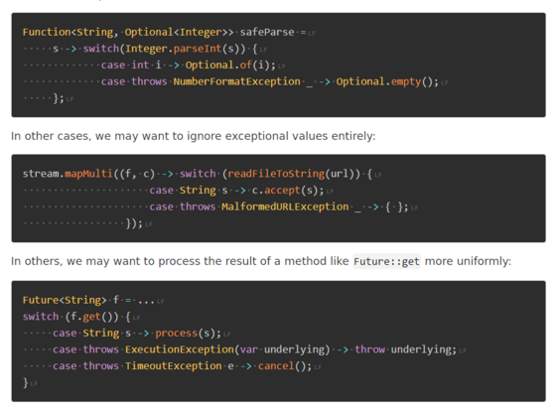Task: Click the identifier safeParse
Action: (267, 32)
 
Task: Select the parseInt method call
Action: (198, 49)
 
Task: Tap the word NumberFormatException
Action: (237, 81)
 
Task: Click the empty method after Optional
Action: (406, 81)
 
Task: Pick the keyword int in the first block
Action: (140, 66)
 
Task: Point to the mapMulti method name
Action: (88, 174)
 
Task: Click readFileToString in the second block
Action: (276, 174)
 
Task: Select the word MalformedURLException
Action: (285, 206)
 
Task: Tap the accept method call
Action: (282, 191)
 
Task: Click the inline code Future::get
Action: (386, 261)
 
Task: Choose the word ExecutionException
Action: (180, 349)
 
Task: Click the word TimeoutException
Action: (174, 365)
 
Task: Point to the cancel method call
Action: (276, 365)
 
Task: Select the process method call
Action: (177, 334)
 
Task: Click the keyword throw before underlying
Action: (369, 349)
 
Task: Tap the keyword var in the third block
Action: (249, 349)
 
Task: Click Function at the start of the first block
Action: (47, 32)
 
